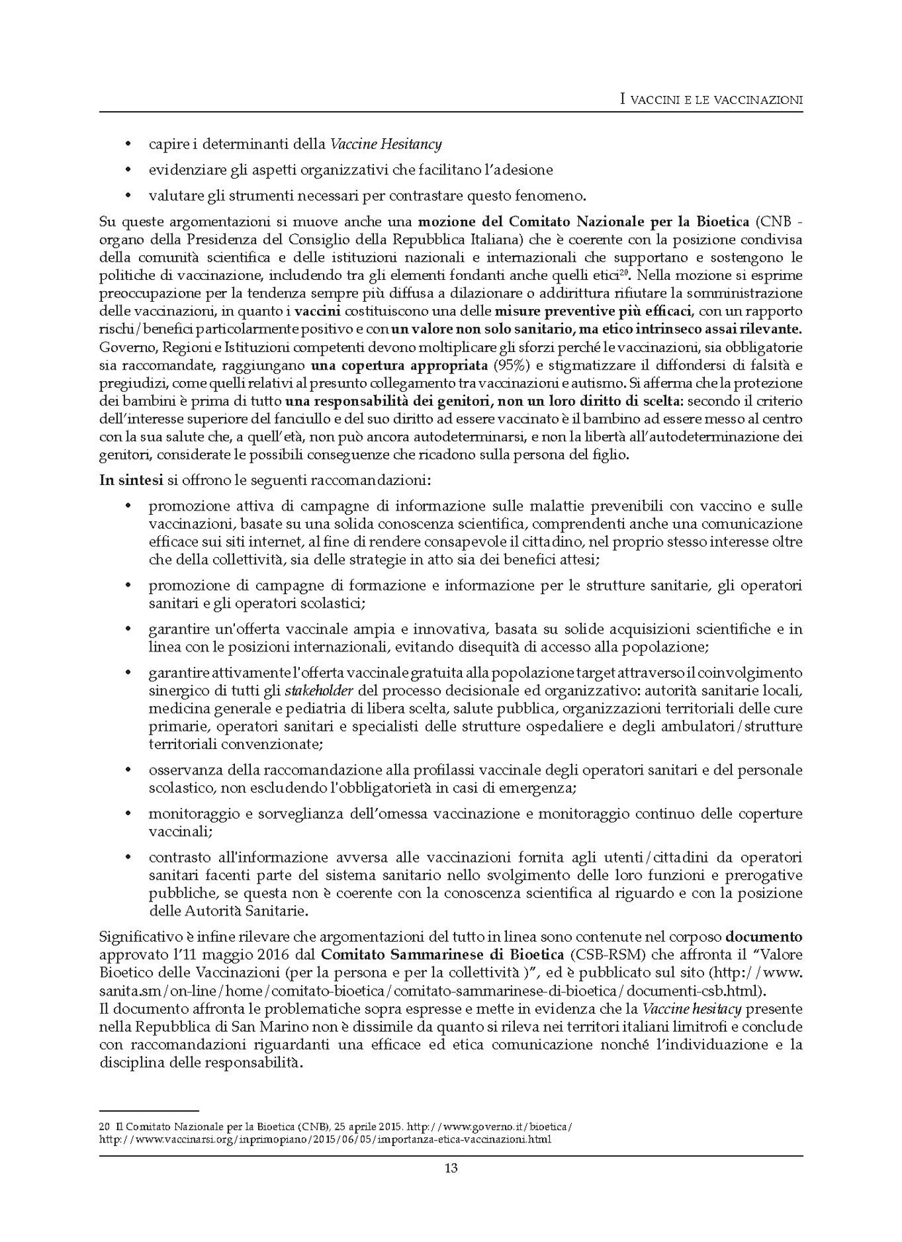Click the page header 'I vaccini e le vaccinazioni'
711,100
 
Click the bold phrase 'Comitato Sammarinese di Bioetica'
442,954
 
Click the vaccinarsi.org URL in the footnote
324,1139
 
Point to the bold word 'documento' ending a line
764,936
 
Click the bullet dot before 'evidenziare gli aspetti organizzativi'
129,170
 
